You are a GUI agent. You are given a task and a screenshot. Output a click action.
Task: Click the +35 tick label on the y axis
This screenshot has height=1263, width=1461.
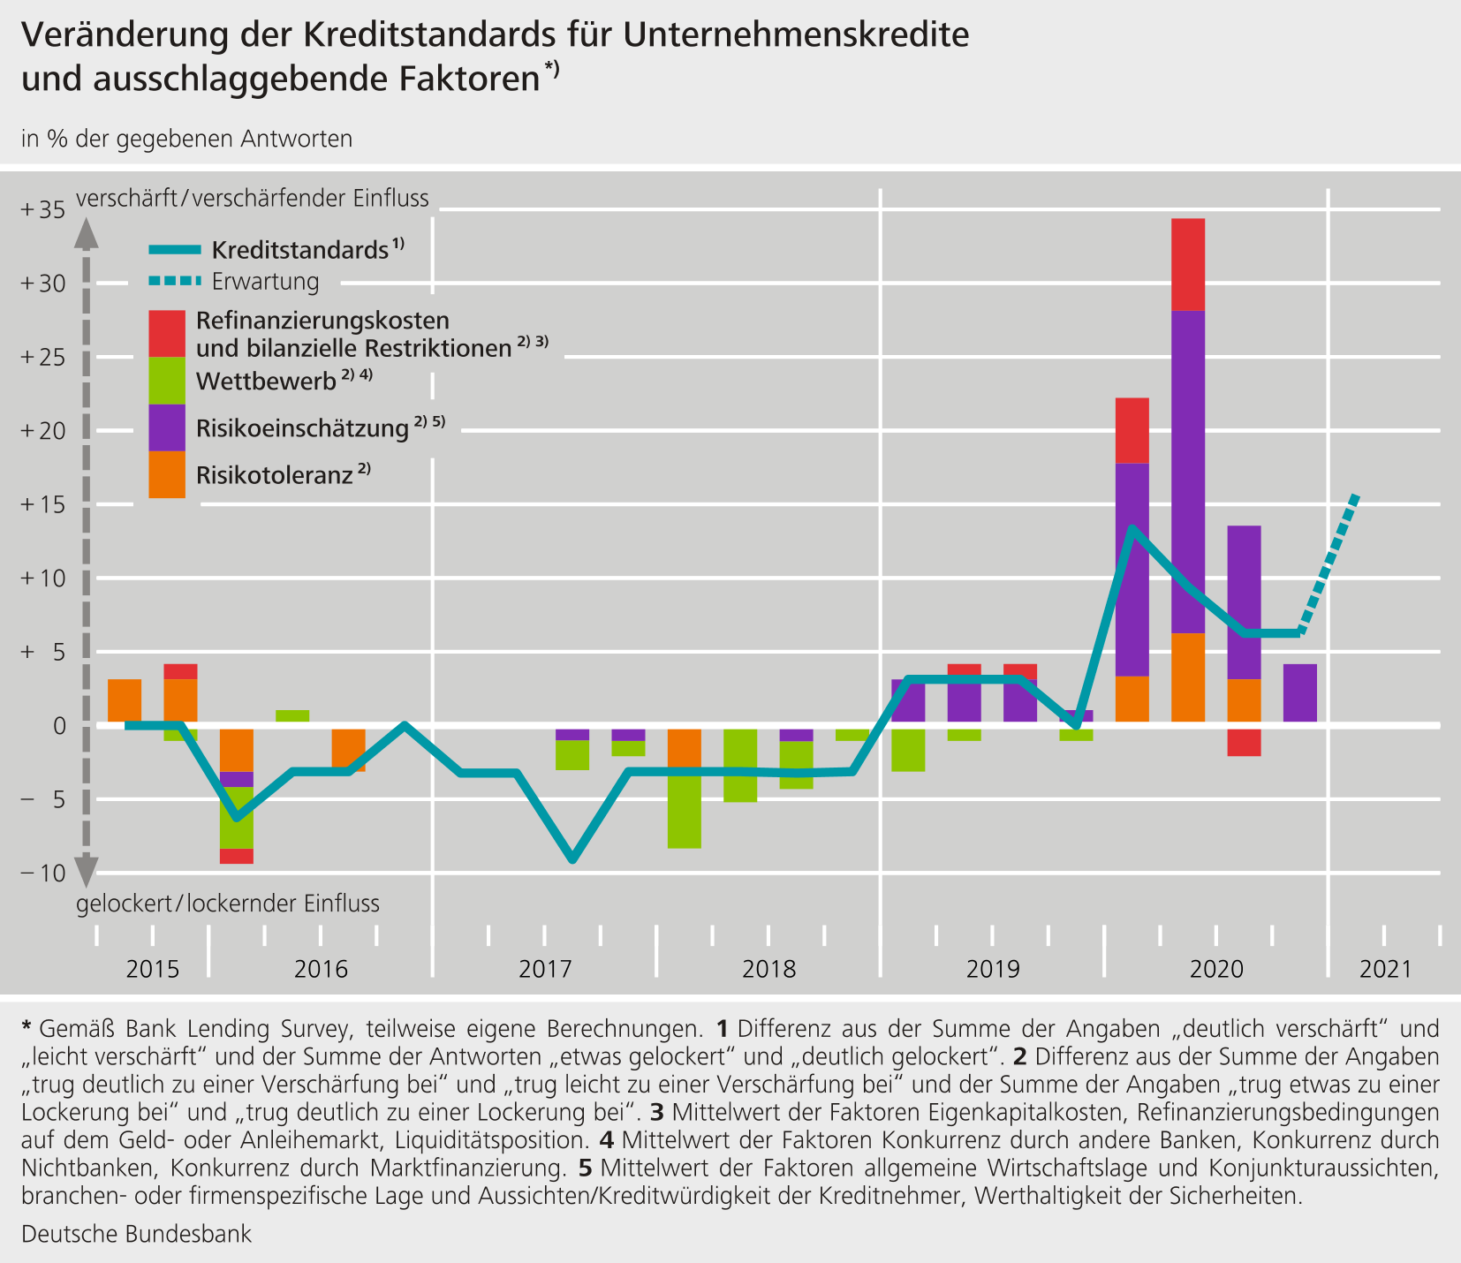[43, 210]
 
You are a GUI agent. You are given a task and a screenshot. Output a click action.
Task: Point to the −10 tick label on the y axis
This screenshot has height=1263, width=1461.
[43, 874]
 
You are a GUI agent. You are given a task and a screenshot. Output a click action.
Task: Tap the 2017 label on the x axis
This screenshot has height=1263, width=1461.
[545, 969]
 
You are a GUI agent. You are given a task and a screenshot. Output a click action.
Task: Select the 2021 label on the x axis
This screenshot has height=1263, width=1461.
[1386, 969]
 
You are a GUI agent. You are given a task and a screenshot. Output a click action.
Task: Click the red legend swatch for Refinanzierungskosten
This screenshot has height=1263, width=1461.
[167, 333]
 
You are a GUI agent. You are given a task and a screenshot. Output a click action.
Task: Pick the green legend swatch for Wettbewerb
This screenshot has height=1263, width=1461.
[167, 381]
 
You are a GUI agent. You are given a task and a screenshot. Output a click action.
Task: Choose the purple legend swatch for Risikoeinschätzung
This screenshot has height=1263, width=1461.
[167, 427]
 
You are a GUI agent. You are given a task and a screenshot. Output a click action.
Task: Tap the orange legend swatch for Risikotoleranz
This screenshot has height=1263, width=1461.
[167, 474]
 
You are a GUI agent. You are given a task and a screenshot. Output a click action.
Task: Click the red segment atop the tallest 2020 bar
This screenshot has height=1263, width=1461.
[1188, 264]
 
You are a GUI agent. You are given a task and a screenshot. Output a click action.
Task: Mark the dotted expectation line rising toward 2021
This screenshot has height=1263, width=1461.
[1328, 564]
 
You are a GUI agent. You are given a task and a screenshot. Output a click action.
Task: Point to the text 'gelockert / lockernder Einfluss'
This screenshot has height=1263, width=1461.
[228, 904]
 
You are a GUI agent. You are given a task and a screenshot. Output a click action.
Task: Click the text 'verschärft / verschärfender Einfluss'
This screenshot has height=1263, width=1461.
[253, 199]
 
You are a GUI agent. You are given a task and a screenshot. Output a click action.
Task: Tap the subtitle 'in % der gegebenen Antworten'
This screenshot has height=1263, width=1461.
[186, 139]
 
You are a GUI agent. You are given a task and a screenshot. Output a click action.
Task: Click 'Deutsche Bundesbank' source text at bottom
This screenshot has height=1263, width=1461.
[136, 1234]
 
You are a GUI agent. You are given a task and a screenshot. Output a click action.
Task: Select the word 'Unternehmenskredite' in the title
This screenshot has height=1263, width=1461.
[795, 35]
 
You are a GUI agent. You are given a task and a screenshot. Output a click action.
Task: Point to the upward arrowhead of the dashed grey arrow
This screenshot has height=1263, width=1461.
[86, 233]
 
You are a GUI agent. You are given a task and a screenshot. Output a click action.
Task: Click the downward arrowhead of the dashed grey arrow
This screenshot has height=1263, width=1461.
[86, 872]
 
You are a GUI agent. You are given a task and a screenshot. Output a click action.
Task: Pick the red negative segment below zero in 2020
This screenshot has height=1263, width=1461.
[1244, 743]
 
